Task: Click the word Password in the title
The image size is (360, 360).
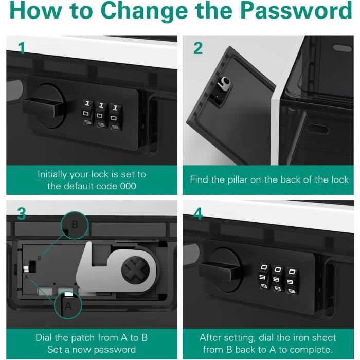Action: click(x=296, y=10)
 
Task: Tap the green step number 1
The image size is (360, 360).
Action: click(x=22, y=48)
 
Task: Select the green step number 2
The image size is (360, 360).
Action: click(x=198, y=48)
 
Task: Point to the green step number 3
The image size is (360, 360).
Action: click(x=22, y=214)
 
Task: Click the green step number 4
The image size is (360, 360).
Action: click(x=198, y=213)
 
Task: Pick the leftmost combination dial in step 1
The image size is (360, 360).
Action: click(x=87, y=113)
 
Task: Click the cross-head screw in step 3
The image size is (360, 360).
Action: click(x=135, y=269)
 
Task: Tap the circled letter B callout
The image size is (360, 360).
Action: click(x=75, y=225)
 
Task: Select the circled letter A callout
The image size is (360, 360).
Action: click(x=68, y=305)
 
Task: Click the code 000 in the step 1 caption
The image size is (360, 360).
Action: click(x=128, y=186)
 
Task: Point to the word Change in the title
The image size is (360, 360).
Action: click(x=144, y=11)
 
